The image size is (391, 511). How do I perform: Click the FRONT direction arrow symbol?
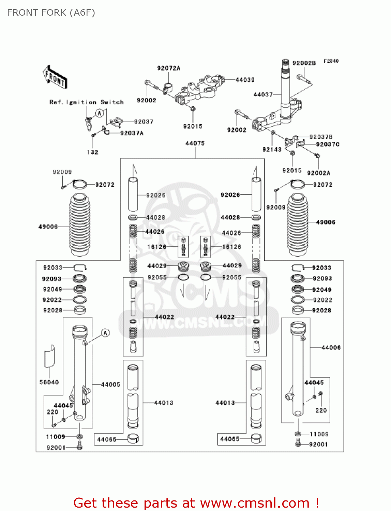click(55, 77)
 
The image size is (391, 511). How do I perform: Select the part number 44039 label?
click(245, 80)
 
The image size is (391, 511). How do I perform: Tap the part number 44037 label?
click(263, 94)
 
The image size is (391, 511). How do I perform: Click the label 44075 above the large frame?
click(195, 143)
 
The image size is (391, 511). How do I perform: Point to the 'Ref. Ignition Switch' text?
click(87, 102)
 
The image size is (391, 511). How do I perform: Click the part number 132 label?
click(92, 152)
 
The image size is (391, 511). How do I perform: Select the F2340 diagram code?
click(331, 61)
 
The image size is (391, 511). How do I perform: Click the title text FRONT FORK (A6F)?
click(51, 13)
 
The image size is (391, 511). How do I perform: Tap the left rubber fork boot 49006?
click(80, 225)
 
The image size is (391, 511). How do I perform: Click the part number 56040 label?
click(49, 382)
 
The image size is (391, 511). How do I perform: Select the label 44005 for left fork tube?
click(110, 385)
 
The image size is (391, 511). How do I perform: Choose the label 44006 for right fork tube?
click(331, 347)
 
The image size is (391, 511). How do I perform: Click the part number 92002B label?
click(304, 63)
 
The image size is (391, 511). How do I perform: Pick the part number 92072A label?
click(168, 68)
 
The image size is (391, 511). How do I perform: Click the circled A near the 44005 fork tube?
click(105, 333)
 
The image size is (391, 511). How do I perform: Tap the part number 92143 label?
click(272, 150)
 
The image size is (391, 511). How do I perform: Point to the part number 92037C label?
click(328, 144)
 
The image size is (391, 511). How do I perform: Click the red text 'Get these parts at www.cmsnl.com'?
click(196, 503)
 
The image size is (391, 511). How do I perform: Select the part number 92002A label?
click(318, 173)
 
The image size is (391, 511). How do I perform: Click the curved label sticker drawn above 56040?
click(49, 356)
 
